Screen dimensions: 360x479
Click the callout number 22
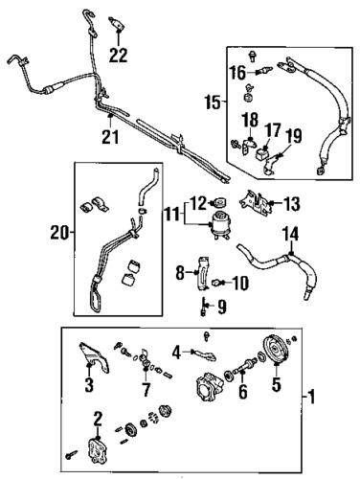point(119,55)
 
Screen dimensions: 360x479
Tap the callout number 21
point(110,137)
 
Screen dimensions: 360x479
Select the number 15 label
point(213,103)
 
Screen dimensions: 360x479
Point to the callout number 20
point(59,233)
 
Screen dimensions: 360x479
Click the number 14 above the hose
point(291,234)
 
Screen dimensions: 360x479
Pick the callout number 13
point(291,204)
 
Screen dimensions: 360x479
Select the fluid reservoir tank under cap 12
point(219,225)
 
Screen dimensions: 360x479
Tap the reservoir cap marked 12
point(220,202)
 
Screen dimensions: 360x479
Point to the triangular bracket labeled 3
point(94,357)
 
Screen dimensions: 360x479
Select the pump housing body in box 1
point(209,387)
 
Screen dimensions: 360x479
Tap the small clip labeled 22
point(117,23)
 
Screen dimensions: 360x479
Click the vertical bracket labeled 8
point(203,273)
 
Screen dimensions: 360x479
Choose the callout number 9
point(221,307)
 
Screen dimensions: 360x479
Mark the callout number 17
point(273,130)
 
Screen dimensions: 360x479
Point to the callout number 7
point(146,389)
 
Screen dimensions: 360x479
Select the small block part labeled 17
point(261,154)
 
